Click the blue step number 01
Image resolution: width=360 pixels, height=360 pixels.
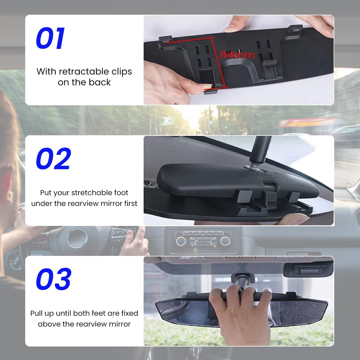coord(50,38)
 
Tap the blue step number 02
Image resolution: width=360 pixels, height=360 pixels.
coord(53,159)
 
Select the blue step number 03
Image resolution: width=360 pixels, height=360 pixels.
coord(54,279)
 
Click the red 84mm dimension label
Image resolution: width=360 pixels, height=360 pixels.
coord(237,55)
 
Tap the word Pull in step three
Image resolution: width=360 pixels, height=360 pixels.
coord(36,313)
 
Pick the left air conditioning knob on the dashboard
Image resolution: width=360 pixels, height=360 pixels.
coord(181,241)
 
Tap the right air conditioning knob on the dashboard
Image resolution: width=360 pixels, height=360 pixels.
coord(225,241)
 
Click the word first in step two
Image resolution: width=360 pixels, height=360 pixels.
coord(131,203)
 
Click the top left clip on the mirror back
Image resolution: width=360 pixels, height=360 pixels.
coord(165,39)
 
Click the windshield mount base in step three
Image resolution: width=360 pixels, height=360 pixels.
coord(243,276)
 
